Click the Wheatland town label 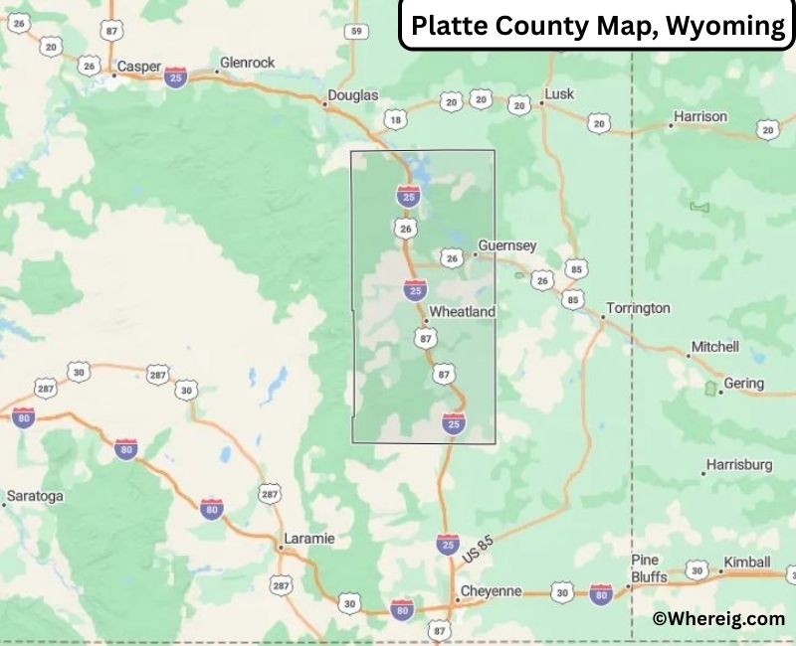pos(461,311)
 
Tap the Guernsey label pos(506,245)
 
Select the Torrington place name pos(638,308)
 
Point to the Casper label pos(138,68)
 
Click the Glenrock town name pos(249,64)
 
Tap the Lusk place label pos(558,95)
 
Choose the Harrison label pos(699,116)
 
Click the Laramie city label pos(308,539)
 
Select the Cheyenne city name pos(490,591)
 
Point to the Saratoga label pos(35,495)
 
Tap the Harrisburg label pos(738,464)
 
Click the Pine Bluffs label pos(645,568)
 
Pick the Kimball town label pos(746,562)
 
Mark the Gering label pos(744,384)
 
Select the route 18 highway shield pos(396,120)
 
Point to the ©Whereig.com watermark pos(718,618)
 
